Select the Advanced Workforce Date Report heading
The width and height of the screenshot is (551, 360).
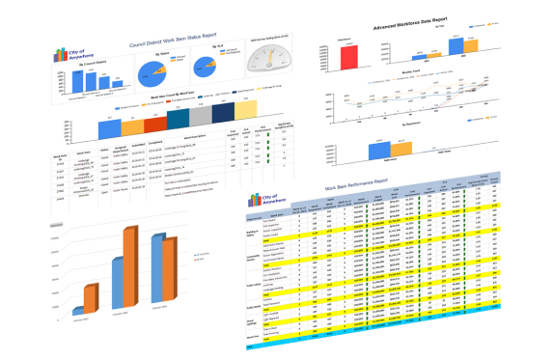pos(424,18)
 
